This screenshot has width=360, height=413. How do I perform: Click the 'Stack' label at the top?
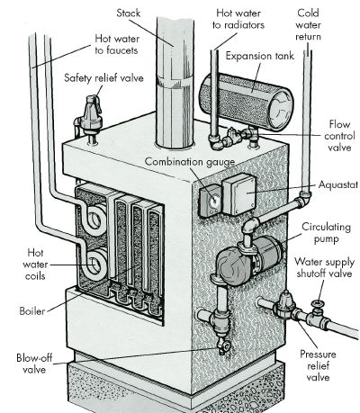128,13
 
